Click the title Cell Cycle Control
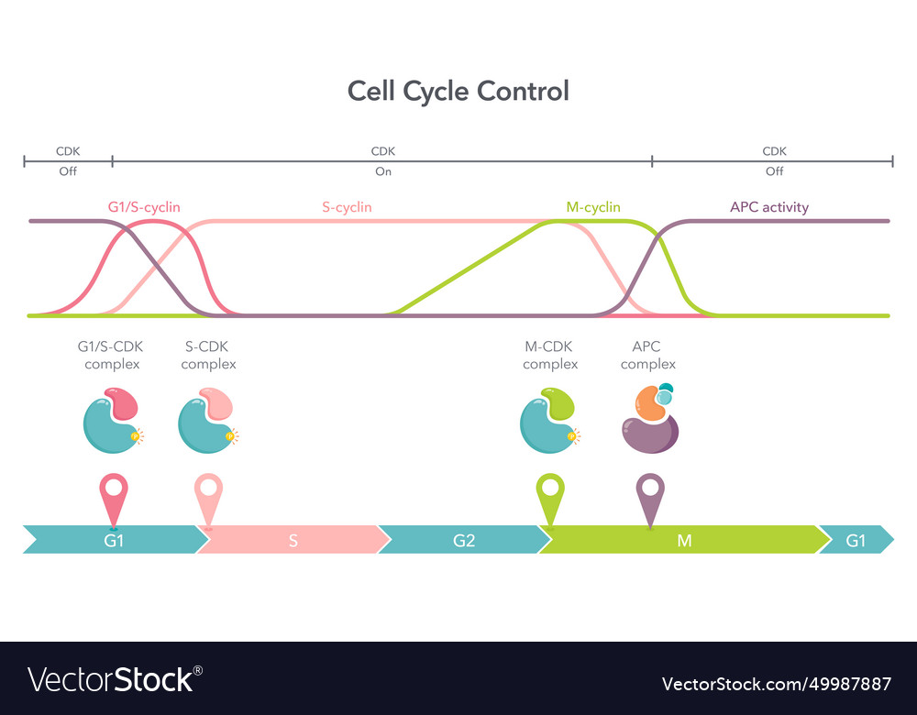coord(458,92)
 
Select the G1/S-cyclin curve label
coord(144,207)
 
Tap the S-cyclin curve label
coord(347,207)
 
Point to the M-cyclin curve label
coord(592,207)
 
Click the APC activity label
coord(769,207)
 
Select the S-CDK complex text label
coord(208,355)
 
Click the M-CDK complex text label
coord(550,355)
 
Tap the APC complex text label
coord(647,355)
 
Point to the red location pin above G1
coord(113,496)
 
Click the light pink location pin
coord(208,496)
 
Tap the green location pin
coord(550,496)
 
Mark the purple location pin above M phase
coord(650,496)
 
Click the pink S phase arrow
coord(293,540)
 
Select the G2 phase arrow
coord(464,540)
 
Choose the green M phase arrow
coord(683,540)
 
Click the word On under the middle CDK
coord(383,171)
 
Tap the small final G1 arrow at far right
coord(856,540)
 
